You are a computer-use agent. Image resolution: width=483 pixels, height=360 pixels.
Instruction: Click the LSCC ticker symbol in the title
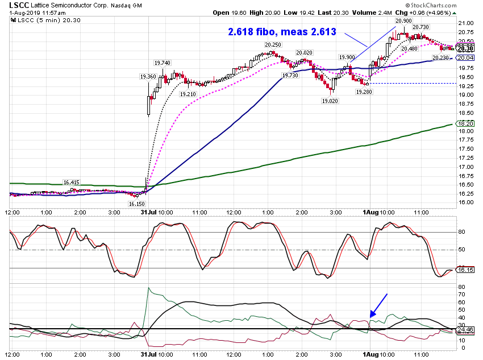[x=19, y=5]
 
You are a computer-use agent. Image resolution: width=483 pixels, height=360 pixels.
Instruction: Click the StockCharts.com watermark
[x=431, y=5]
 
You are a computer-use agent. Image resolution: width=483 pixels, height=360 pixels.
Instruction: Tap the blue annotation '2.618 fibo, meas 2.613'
[x=282, y=32]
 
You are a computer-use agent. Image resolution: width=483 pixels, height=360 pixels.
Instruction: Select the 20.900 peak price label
[x=403, y=20]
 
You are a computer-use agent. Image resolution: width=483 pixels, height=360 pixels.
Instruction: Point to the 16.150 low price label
[x=136, y=204]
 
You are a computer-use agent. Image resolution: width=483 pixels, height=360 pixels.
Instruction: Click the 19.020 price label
[x=330, y=101]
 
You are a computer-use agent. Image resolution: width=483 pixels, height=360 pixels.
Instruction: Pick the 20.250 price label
[x=273, y=45]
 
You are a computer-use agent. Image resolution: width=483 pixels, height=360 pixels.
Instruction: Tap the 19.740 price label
[x=163, y=63]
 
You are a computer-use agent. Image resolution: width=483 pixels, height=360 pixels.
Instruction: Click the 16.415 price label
[x=71, y=183]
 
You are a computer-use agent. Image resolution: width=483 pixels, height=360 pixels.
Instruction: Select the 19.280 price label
[x=364, y=92]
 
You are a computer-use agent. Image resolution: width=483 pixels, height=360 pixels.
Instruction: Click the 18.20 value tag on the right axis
[x=465, y=123]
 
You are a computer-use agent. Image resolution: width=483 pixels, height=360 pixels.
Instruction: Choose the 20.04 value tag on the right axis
[x=465, y=58]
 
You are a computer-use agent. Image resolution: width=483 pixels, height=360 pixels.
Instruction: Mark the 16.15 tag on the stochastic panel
[x=465, y=270]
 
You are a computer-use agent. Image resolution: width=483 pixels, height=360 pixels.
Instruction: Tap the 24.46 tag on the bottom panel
[x=465, y=329]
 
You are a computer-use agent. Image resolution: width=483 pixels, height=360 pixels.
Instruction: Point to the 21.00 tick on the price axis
[x=466, y=23]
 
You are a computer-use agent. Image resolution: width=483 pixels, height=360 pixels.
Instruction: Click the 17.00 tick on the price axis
[x=466, y=167]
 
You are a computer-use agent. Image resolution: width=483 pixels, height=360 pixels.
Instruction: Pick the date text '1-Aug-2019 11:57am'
[x=38, y=13]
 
